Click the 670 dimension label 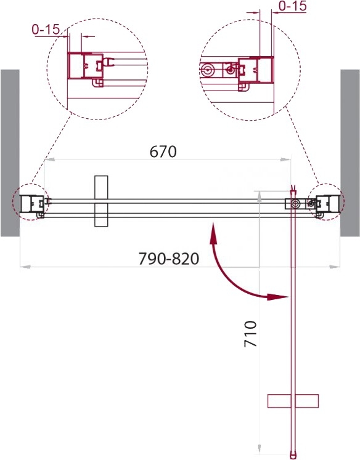(163, 151)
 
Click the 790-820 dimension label (168, 259)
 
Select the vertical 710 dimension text (250, 334)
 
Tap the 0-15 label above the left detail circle (46, 30)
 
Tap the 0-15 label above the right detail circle (292, 6)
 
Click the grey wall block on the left (10, 153)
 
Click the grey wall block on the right (350, 153)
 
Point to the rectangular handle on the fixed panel (101, 201)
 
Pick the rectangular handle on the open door (293, 401)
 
